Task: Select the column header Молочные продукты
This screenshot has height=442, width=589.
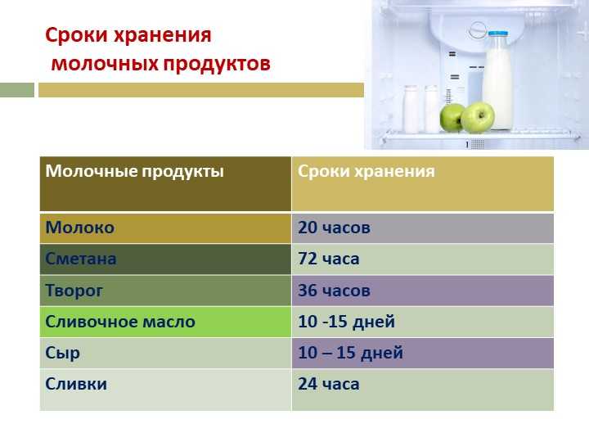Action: click(x=134, y=171)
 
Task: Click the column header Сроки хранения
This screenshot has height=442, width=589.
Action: click(x=366, y=171)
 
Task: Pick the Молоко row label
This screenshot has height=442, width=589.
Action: click(x=80, y=228)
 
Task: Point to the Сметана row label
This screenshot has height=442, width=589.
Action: click(x=81, y=259)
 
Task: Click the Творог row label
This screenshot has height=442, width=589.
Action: click(x=74, y=291)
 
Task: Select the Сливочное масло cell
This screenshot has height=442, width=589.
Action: click(x=120, y=322)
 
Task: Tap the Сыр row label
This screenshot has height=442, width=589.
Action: click(x=62, y=354)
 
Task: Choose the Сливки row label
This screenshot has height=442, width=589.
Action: click(x=76, y=384)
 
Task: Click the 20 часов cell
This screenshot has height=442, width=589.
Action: click(x=334, y=228)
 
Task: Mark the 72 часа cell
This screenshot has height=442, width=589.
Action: click(x=329, y=259)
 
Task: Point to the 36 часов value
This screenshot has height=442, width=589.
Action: click(x=334, y=290)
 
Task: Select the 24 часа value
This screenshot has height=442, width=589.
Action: click(x=329, y=384)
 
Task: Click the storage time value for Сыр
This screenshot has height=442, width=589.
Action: click(x=350, y=353)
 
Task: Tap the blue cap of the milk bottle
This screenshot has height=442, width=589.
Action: click(x=498, y=34)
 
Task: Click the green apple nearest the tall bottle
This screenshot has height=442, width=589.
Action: click(x=478, y=118)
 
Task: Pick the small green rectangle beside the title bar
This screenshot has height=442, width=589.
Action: click(x=17, y=90)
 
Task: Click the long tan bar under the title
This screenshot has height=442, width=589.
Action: click(x=201, y=90)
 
